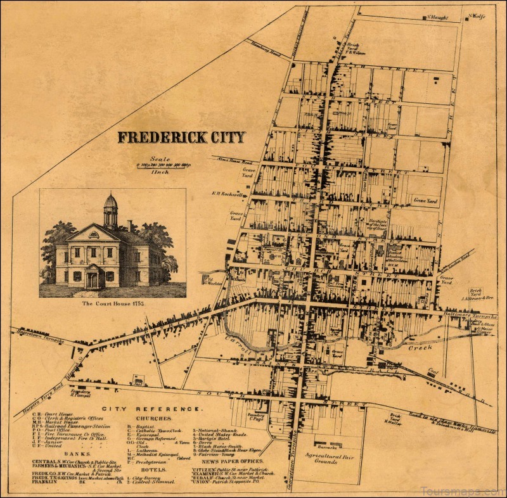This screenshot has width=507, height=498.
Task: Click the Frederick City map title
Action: tap(181, 137)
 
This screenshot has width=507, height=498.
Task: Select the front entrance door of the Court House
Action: tap(93, 279)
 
